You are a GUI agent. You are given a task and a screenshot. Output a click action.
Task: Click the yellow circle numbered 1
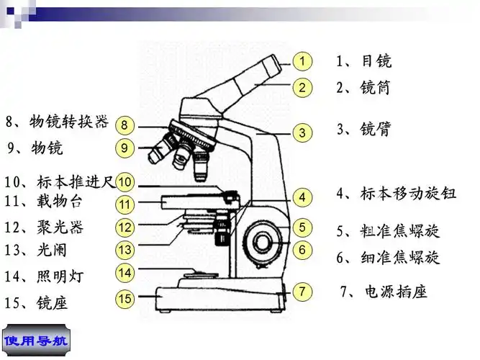pyautogui.click(x=303, y=61)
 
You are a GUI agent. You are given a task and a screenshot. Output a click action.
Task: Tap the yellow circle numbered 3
pyautogui.click(x=303, y=132)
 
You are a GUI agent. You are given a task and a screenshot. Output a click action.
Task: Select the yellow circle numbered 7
pyautogui.click(x=303, y=292)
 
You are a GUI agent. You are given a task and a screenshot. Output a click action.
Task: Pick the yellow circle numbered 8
pyautogui.click(x=124, y=125)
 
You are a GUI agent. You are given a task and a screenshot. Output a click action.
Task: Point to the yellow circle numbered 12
pyautogui.click(x=125, y=228)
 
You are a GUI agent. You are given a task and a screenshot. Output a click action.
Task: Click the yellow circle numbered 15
pyautogui.click(x=125, y=298)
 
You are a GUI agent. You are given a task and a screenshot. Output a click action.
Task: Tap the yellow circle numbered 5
pyautogui.click(x=303, y=227)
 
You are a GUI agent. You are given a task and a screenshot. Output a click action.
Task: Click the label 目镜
pyautogui.click(x=375, y=61)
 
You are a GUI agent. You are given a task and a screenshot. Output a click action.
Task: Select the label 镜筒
pyautogui.click(x=375, y=88)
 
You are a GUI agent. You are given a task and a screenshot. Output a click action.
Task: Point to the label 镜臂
pyautogui.click(x=375, y=130)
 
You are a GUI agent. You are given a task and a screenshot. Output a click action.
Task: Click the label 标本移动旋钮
pyautogui.click(x=407, y=194)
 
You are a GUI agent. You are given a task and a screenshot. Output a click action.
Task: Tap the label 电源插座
pyautogui.click(x=395, y=292)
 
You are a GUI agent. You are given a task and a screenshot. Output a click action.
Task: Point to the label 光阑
pyautogui.click(x=50, y=250)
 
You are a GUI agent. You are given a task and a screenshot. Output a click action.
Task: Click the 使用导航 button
pyautogui.click(x=36, y=340)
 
